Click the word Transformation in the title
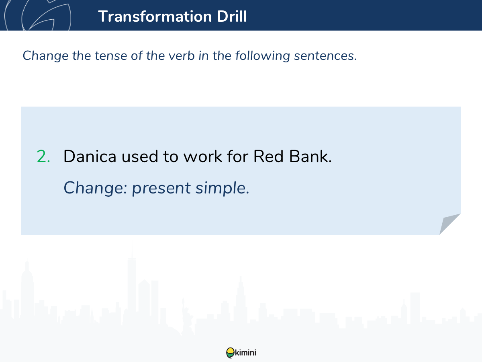(x=155, y=16)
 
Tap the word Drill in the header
(x=232, y=16)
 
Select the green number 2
(x=43, y=156)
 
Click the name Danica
(x=90, y=156)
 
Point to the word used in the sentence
(x=140, y=156)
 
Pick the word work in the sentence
(x=203, y=156)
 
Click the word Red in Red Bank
(x=268, y=156)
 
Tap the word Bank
(x=310, y=156)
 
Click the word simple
(x=222, y=188)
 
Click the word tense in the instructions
(x=111, y=56)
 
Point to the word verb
(x=182, y=56)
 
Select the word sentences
(x=325, y=56)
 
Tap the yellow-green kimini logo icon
(x=230, y=353)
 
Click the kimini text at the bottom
(x=245, y=353)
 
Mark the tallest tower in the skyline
(x=132, y=286)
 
